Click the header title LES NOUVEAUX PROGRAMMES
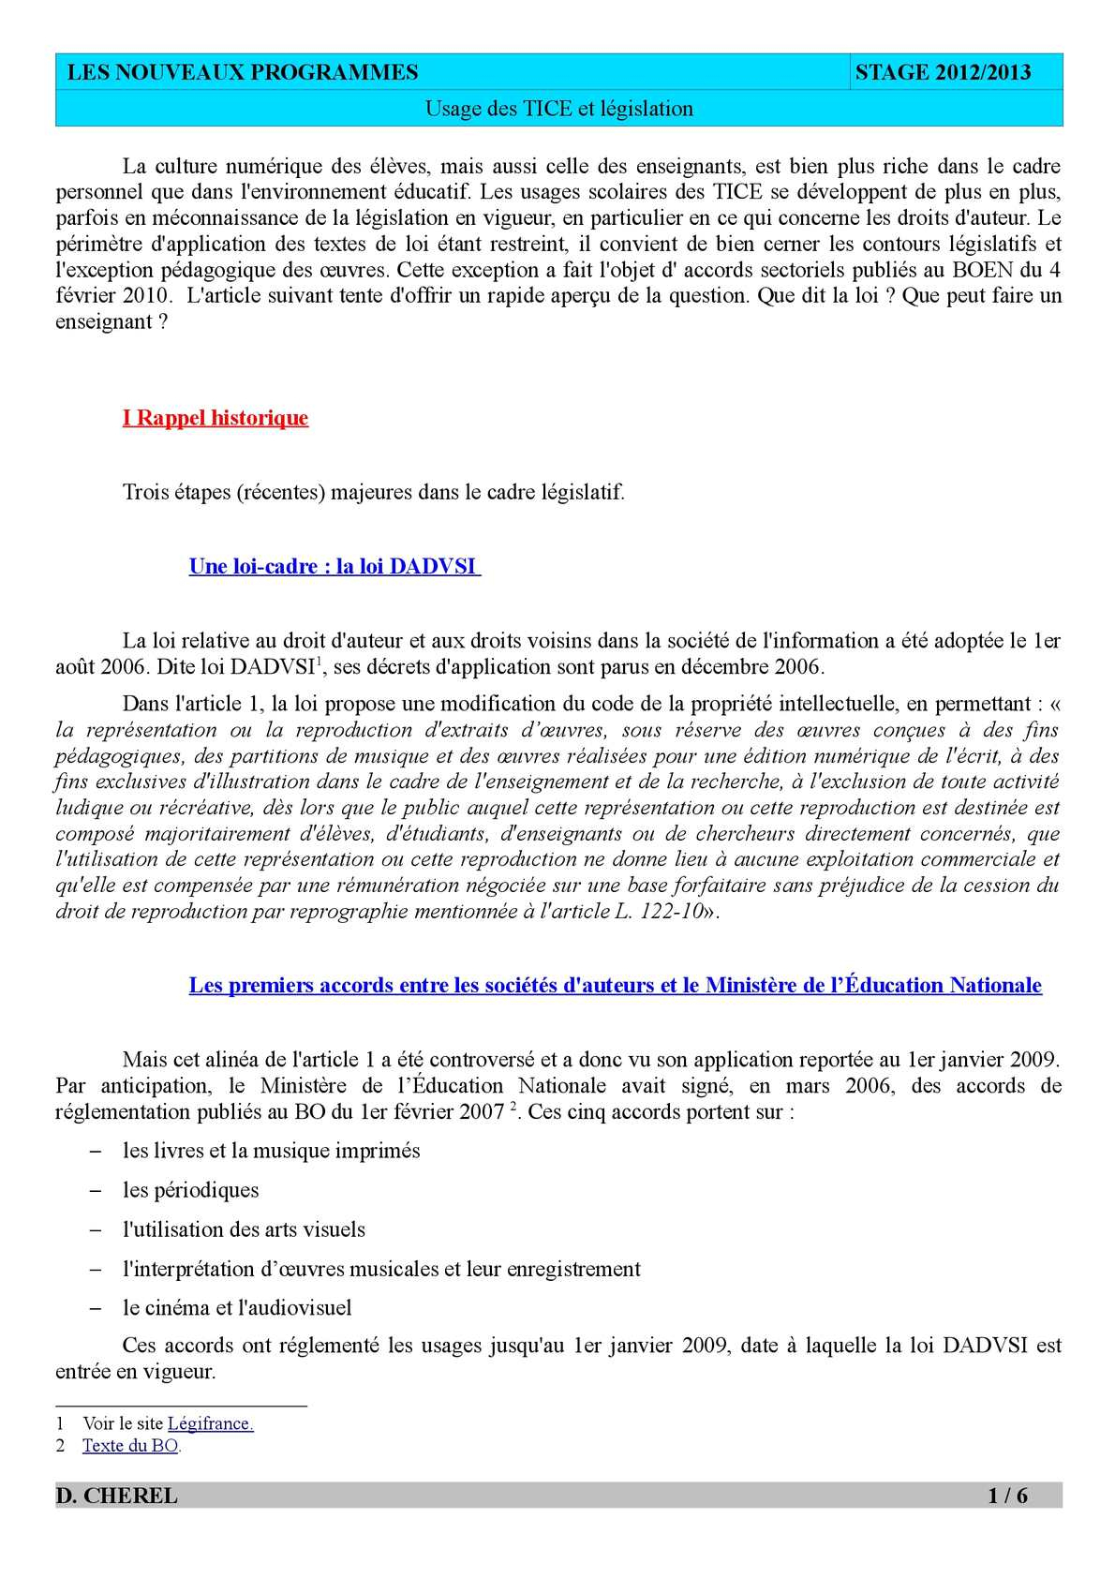[x=243, y=73]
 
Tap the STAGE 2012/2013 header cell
[x=943, y=73]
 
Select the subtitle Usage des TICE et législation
[x=559, y=109]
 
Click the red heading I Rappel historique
[x=216, y=418]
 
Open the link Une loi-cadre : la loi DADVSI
[x=333, y=567]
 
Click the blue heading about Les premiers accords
[x=615, y=986]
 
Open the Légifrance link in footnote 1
[x=210, y=1423]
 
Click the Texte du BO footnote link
[x=130, y=1446]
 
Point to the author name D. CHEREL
[x=117, y=1496]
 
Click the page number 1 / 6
[x=1007, y=1496]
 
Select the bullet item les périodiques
[x=190, y=1190]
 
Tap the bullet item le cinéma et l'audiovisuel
[x=237, y=1308]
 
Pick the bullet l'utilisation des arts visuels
[x=244, y=1229]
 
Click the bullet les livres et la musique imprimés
[x=271, y=1151]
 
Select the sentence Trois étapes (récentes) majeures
[x=373, y=492]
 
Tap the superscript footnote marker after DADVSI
[x=320, y=662]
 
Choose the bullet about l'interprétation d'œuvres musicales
[x=381, y=1269]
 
